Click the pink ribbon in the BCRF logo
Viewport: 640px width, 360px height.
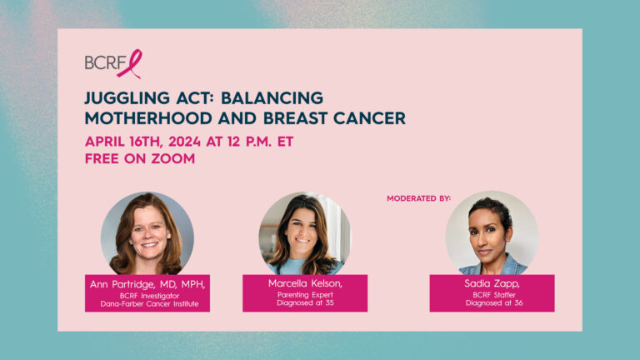[130, 64]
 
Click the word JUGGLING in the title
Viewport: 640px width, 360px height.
[127, 98]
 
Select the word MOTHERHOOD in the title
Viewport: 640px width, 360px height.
[148, 118]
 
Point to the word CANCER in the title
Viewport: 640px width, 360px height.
[369, 118]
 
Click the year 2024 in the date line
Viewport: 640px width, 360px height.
[184, 142]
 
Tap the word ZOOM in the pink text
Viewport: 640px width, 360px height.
[173, 158]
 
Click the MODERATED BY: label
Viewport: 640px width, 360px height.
[419, 198]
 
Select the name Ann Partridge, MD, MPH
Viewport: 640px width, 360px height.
[147, 284]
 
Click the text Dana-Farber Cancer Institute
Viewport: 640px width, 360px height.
[149, 304]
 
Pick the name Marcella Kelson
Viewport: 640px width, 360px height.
[305, 283]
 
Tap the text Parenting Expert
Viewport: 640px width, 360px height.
[305, 295]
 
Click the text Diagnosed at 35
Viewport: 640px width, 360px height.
[305, 302]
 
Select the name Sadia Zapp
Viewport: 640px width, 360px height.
[492, 283]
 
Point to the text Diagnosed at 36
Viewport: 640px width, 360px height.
[494, 302]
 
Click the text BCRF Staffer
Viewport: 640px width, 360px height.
[494, 295]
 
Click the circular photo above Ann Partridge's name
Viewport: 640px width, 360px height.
[147, 233]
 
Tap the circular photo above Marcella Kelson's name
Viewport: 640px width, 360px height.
[304, 233]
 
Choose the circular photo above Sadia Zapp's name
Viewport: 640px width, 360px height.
[492, 232]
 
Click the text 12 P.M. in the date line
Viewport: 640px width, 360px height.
[249, 142]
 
